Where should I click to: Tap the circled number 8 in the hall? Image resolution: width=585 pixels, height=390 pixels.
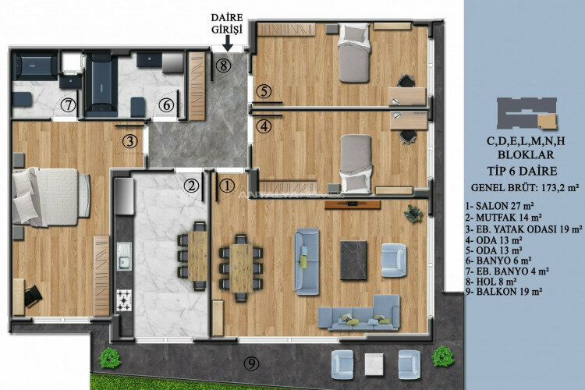(x=224, y=66)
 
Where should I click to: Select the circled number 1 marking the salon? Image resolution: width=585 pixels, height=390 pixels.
(x=227, y=186)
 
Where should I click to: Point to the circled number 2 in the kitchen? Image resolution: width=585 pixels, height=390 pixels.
(x=190, y=186)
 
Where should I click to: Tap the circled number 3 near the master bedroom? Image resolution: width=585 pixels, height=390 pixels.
(x=130, y=141)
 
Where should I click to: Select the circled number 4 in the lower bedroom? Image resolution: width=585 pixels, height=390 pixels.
(x=264, y=125)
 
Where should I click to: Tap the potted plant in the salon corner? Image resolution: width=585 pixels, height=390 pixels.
(x=411, y=212)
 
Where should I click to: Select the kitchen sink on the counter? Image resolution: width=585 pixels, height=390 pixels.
(x=124, y=256)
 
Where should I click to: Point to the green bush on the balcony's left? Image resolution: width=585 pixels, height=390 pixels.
(x=110, y=359)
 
